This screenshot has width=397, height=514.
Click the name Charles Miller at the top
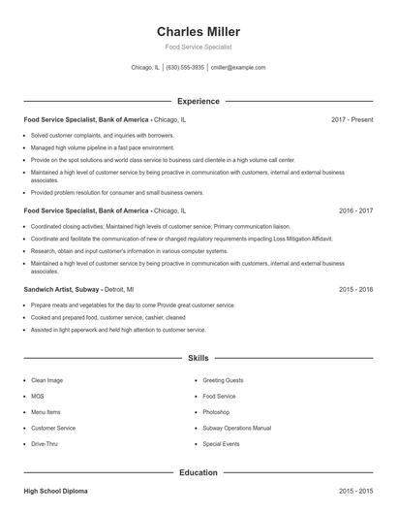[198, 31]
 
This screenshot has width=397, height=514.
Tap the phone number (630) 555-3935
[185, 68]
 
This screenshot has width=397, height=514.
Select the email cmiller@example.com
[238, 68]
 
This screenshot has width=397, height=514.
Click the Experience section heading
[198, 101]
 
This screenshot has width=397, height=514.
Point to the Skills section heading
[198, 359]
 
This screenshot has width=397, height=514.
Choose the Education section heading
[198, 473]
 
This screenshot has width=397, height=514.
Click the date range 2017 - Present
[351, 119]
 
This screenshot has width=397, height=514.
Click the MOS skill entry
[38, 397]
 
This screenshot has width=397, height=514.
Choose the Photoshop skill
[216, 412]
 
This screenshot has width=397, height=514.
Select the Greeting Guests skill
[224, 381]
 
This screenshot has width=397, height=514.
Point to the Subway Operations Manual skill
[236, 428]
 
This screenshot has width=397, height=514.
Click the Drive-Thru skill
[45, 443]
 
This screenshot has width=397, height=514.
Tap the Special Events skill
[221, 443]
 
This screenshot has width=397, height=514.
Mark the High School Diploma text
[55, 492]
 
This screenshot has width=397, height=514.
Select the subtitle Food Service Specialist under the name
[198, 47]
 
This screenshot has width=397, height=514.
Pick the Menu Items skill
[46, 412]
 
